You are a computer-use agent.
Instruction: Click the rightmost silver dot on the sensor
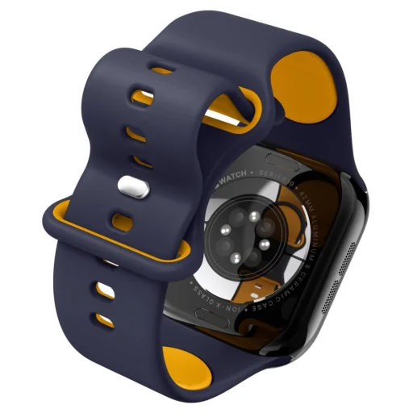(x=264, y=243)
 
